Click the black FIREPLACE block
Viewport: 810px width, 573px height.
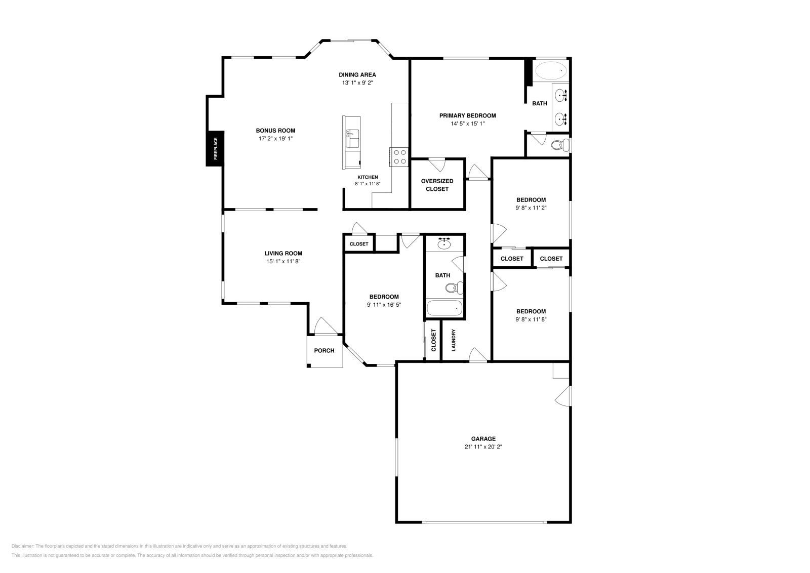click(x=215, y=148)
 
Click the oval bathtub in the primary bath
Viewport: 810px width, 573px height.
click(x=551, y=71)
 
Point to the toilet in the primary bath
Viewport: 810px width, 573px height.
click(x=558, y=145)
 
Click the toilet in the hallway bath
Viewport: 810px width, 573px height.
click(x=453, y=288)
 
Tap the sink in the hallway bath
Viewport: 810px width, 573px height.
click(x=444, y=243)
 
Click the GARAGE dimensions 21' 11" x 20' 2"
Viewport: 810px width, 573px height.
click(x=483, y=447)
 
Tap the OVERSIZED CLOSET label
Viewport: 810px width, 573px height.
click(x=437, y=185)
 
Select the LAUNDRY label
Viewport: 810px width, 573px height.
click(x=454, y=340)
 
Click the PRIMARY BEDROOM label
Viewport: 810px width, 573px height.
click(x=467, y=115)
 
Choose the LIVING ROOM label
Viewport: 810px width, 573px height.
click(x=283, y=254)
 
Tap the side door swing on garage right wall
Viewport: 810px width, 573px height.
click(x=563, y=395)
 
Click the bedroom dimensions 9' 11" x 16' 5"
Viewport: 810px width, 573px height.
click(x=384, y=305)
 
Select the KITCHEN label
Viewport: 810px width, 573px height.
click(x=367, y=177)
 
